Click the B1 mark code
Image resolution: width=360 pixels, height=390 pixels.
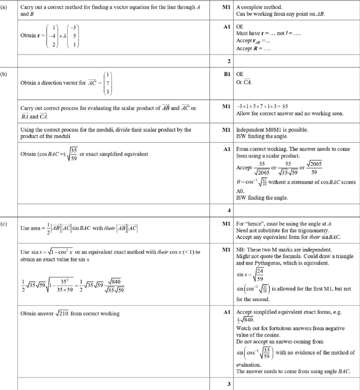click(x=227, y=74)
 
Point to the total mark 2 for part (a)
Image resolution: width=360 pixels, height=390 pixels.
click(x=229, y=61)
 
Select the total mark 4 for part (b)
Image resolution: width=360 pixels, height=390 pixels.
click(x=229, y=210)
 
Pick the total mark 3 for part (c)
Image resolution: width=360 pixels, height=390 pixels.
click(x=229, y=384)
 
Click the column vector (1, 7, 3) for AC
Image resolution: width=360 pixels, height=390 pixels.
click(x=108, y=83)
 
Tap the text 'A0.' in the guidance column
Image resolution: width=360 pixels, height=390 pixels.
click(x=240, y=191)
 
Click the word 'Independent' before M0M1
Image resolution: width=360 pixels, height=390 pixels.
click(x=250, y=130)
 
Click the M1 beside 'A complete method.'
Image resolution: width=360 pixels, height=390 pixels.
click(x=226, y=7)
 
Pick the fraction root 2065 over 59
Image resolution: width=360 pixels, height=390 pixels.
click(x=314, y=168)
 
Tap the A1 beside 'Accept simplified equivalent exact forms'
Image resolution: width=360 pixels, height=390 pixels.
click(x=227, y=312)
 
